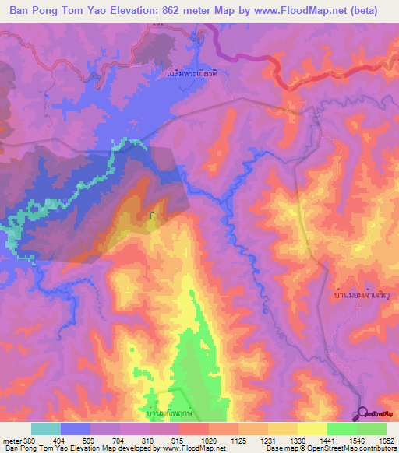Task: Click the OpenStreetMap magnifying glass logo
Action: point(363,413)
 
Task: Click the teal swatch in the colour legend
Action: point(45,429)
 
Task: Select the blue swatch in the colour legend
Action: point(76,429)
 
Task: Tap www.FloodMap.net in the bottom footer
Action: point(192,448)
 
